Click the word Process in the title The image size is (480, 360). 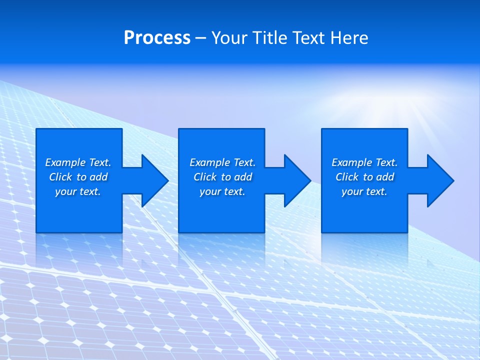(157, 38)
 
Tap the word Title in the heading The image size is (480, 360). (269, 38)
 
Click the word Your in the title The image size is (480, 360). (230, 38)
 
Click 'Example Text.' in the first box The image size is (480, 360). (78, 162)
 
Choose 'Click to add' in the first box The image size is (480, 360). (78, 177)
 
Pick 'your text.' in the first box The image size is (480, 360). (78, 191)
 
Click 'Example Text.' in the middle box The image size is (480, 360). (222, 162)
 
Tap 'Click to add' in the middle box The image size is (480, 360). (222, 177)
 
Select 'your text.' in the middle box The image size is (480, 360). (222, 191)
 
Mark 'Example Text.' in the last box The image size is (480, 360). (364, 162)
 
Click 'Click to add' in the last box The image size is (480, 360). (364, 177)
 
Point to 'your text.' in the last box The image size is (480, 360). (364, 191)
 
